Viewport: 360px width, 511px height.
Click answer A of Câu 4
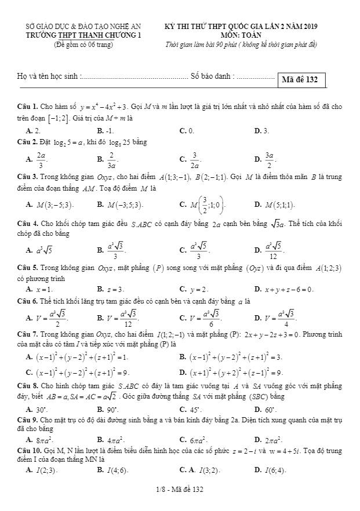click(x=40, y=251)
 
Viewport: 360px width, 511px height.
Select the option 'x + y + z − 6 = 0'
click(x=287, y=289)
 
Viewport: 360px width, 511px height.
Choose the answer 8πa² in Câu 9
click(x=41, y=441)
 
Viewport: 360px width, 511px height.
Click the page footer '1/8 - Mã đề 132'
click(x=180, y=490)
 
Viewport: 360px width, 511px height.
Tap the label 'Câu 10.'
click(x=29, y=450)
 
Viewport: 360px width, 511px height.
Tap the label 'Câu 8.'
click(x=27, y=386)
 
